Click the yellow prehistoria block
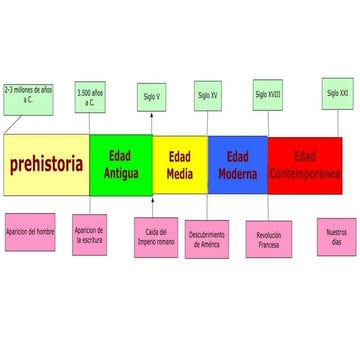[x=46, y=165]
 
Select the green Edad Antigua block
[x=120, y=165]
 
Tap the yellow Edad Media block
[x=179, y=165]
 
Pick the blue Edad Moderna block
[x=237, y=165]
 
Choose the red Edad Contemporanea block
[x=304, y=165]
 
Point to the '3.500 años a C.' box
[x=90, y=101]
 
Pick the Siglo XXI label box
[x=338, y=93]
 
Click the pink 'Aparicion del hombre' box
[x=30, y=231]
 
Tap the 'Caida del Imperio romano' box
[x=154, y=236]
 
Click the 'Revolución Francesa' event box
[x=268, y=240]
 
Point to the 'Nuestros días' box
[x=336, y=236]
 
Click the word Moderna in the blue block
[x=237, y=174]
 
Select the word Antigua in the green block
[x=121, y=174]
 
